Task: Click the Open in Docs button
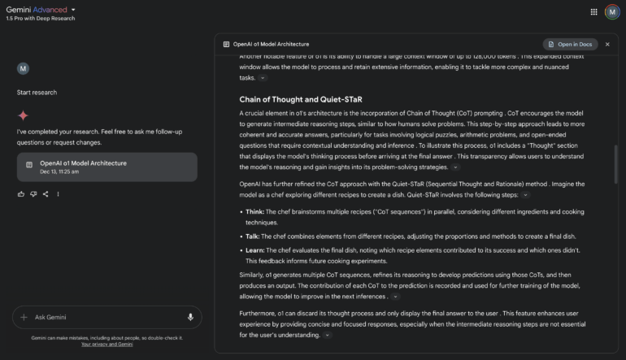(x=569, y=44)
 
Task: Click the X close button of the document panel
(x=607, y=44)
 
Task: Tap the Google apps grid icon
(x=593, y=12)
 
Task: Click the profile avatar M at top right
(x=611, y=12)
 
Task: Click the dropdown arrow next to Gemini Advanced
(x=73, y=10)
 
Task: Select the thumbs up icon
(x=21, y=193)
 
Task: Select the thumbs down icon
(x=33, y=193)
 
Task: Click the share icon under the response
(x=46, y=193)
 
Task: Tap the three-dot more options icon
(x=58, y=193)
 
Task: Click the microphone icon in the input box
(x=190, y=317)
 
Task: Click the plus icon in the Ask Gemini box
(x=24, y=317)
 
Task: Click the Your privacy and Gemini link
(x=107, y=345)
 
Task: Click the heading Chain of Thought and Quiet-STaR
(x=300, y=99)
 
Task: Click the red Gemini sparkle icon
(x=23, y=115)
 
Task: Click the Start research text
(x=37, y=93)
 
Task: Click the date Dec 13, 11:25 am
(x=59, y=171)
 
